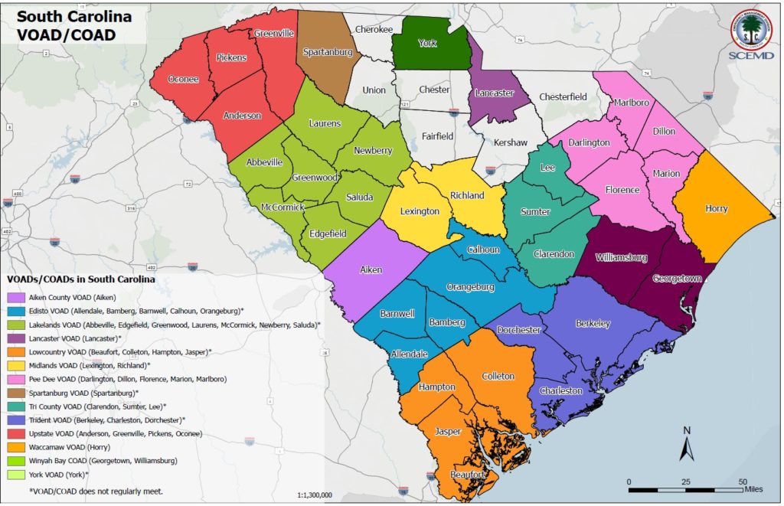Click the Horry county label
point(717,209)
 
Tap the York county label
point(427,44)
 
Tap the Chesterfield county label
point(563,97)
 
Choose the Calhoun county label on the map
point(483,250)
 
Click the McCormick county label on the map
point(283,207)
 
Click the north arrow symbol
point(687,444)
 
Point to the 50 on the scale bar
point(742,482)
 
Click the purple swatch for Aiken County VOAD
point(15,297)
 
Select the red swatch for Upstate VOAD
point(15,433)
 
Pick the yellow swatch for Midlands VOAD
point(15,365)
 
